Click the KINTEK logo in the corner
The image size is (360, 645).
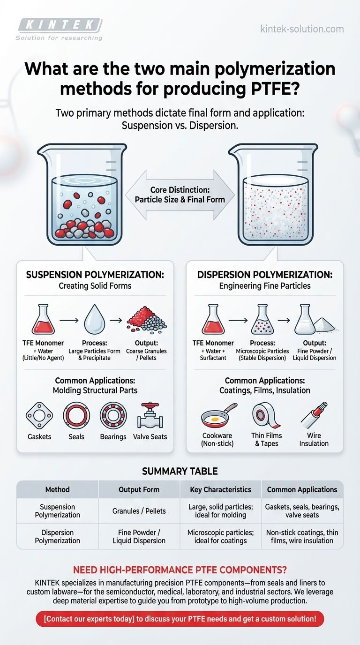59,29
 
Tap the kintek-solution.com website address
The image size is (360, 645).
302,29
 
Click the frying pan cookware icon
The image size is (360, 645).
219,415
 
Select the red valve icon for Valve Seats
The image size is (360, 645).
150,415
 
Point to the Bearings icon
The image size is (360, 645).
113,415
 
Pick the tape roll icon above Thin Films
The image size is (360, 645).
266,415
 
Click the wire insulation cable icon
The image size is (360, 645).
314,415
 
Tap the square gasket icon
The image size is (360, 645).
39,415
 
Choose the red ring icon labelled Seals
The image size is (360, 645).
76,415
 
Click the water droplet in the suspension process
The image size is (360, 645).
95,319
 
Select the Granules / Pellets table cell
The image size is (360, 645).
139,511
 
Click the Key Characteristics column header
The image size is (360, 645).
221,489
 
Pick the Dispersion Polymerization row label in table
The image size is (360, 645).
58,536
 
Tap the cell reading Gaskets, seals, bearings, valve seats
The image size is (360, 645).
302,511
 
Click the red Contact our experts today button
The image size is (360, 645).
180,619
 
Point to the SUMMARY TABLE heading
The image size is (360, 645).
180,471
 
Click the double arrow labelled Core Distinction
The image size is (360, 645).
180,195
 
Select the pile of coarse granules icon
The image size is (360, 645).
147,320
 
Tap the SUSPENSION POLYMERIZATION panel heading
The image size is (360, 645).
95,275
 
